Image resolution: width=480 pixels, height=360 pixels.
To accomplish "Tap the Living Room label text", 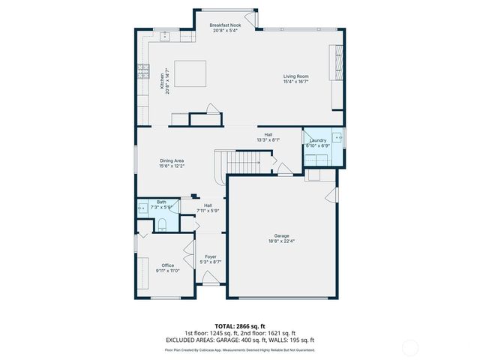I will (295, 76).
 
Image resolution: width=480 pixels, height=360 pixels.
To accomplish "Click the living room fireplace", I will (337, 63).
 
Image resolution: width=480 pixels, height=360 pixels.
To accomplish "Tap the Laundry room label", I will (317, 140).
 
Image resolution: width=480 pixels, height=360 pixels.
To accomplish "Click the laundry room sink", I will (337, 137).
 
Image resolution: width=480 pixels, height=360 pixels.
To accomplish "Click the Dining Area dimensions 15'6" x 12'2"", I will (172, 166).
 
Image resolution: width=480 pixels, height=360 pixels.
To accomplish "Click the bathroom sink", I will (142, 208).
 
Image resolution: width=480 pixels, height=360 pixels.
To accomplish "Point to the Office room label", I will (167, 265).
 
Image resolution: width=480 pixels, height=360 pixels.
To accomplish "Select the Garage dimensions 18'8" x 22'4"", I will (282, 241).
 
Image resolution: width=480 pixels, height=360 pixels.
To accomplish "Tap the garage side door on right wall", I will (330, 194).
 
